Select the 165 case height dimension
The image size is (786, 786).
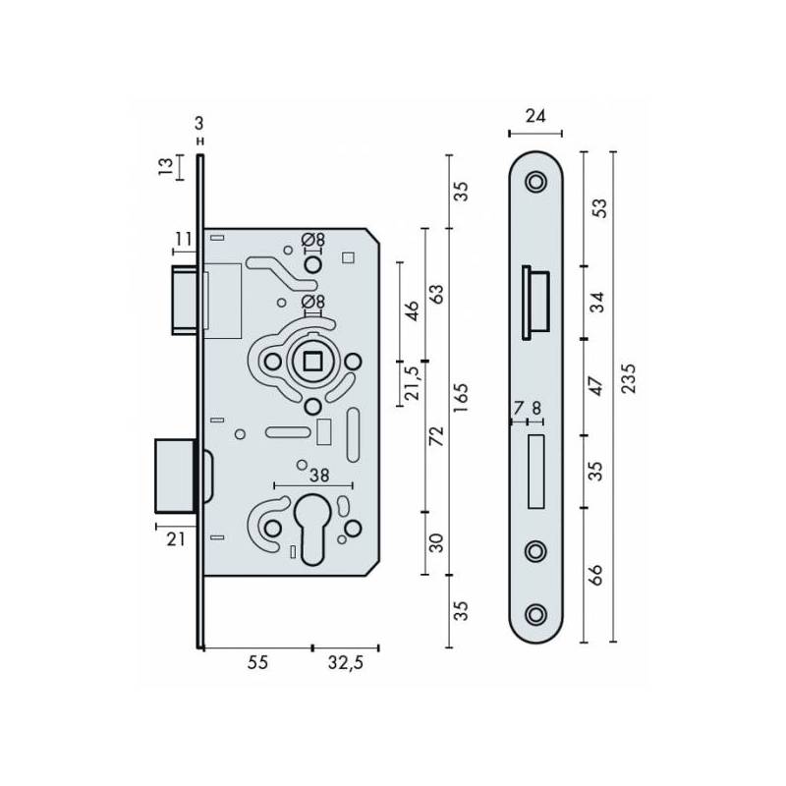tap(462, 396)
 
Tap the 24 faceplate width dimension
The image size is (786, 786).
tap(535, 116)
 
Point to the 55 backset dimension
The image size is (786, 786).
tap(256, 663)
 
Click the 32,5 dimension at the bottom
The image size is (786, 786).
tap(345, 663)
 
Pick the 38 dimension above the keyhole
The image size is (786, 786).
tap(318, 476)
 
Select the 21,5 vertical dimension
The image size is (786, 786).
tap(414, 378)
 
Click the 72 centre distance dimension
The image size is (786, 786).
tap(438, 436)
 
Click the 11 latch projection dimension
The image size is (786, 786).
tap(183, 239)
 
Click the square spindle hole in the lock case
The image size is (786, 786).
tap(312, 362)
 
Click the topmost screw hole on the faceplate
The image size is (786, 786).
tap(535, 183)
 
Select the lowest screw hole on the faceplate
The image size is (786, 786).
tap(535, 614)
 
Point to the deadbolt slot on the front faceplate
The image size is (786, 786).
tap(535, 472)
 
